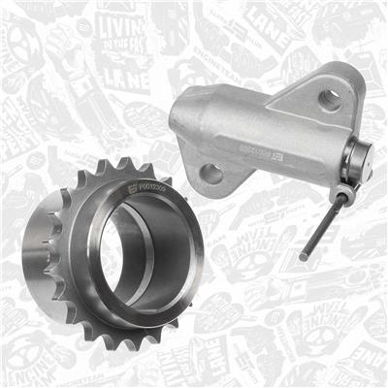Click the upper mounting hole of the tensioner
click(329, 98)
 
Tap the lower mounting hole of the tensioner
click(210, 174)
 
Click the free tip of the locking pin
click(303, 258)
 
